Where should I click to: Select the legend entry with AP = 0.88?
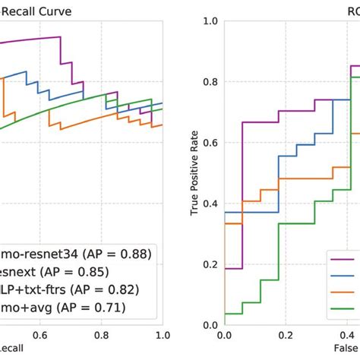[x=76, y=253]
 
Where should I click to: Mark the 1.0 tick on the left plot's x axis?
[x=161, y=334]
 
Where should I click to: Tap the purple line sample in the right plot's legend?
[x=346, y=259]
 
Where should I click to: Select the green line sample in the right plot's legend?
[x=346, y=308]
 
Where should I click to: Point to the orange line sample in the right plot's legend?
[x=346, y=292]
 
